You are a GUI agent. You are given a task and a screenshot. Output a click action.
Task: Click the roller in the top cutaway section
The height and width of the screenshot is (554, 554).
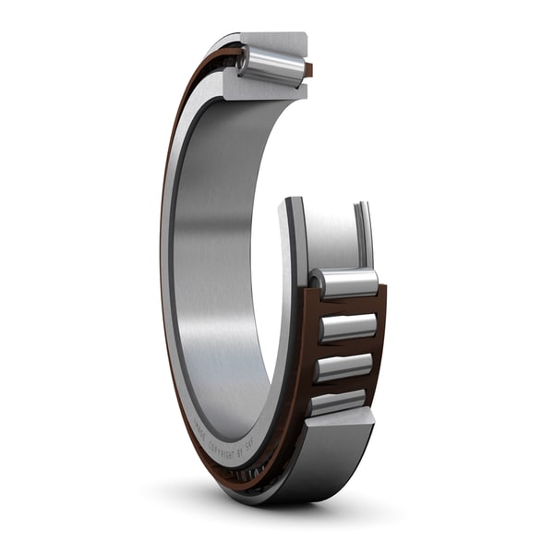pyautogui.click(x=273, y=66)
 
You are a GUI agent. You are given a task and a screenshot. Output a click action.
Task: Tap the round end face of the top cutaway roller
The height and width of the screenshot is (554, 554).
pyautogui.click(x=246, y=61)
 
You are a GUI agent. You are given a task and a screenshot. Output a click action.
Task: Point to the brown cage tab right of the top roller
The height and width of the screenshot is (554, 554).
pyautogui.click(x=308, y=69)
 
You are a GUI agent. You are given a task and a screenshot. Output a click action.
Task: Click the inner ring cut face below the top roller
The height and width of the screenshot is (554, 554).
pyautogui.click(x=263, y=89)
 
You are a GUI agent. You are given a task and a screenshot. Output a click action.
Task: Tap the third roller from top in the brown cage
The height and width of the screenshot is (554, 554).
pyautogui.click(x=344, y=367)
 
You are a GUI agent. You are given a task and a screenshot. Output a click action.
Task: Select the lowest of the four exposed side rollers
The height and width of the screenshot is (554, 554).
pyautogui.click(x=339, y=403)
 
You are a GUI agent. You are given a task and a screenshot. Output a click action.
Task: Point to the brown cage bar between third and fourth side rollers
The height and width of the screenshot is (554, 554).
pyautogui.click(x=343, y=386)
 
